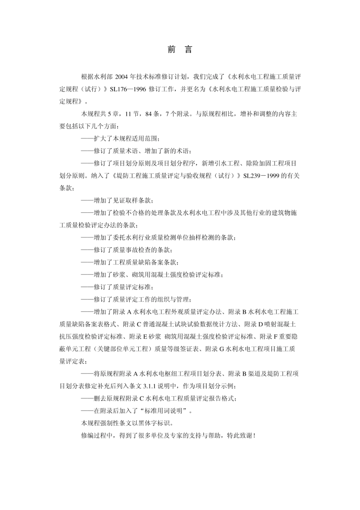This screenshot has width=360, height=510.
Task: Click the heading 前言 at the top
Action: tap(180, 50)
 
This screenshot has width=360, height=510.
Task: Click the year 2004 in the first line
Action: tap(121, 77)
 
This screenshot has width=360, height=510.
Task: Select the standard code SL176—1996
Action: tap(128, 89)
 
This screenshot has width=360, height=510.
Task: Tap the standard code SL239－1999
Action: tap(261, 176)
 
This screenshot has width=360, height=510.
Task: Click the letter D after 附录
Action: tap(261, 324)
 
